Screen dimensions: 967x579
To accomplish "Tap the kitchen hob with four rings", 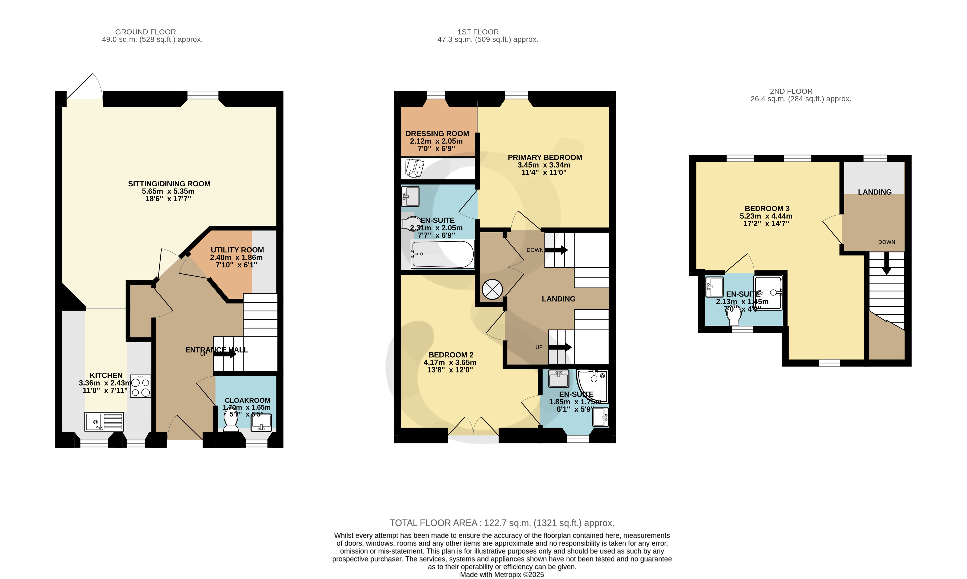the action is (140, 386).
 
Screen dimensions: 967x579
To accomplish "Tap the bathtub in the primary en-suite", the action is (443, 254).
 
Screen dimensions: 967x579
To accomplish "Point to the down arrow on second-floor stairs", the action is (887, 263).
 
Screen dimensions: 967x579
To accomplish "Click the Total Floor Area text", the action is (502, 523).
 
